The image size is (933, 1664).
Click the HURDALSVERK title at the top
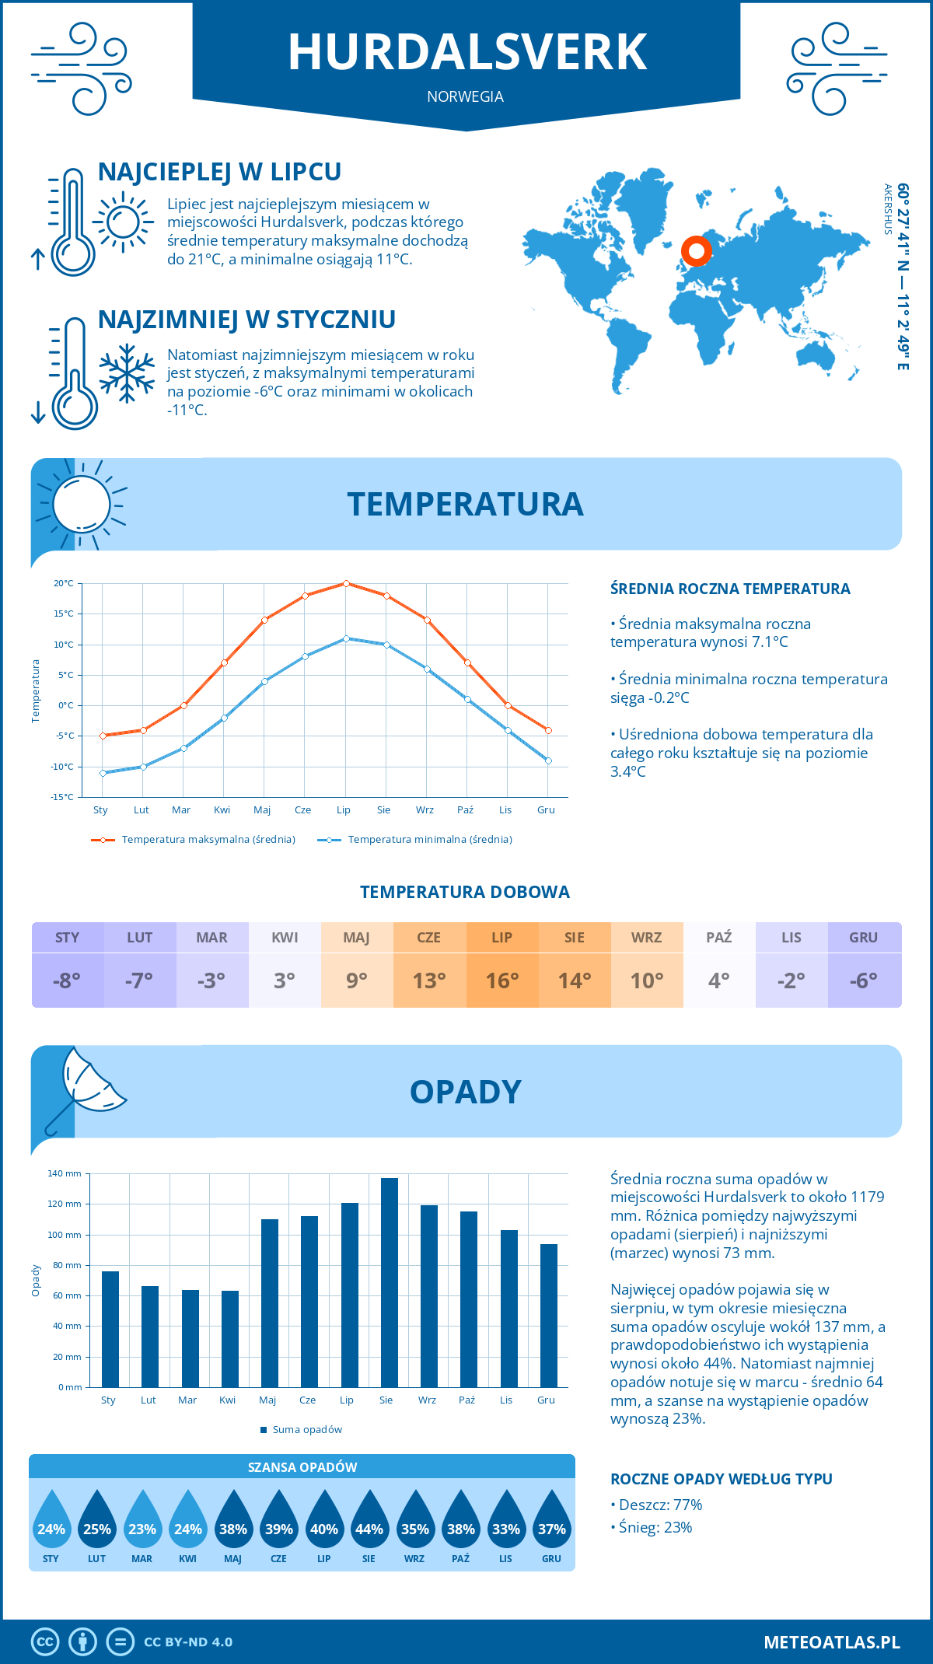(466, 53)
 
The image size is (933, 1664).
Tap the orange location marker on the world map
(696, 251)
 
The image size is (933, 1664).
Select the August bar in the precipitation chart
(389, 1283)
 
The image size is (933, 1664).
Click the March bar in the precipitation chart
(190, 1339)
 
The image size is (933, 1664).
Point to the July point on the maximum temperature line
(346, 583)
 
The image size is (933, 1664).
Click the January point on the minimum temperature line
(103, 773)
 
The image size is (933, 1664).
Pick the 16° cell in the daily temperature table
(501, 981)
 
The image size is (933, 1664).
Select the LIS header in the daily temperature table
(791, 938)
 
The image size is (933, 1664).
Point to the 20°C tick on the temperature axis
(64, 583)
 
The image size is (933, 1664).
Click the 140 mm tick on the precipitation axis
(65, 1174)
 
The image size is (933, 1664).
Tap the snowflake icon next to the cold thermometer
(127, 373)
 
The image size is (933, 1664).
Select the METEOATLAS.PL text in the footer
(831, 1642)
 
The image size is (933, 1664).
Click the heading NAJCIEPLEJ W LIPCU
(219, 172)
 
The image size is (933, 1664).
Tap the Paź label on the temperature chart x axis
(465, 810)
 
